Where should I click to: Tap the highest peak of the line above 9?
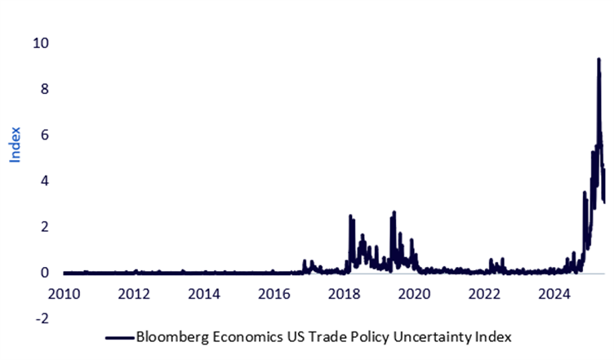pos(598,60)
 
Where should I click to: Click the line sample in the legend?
pos(118,336)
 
